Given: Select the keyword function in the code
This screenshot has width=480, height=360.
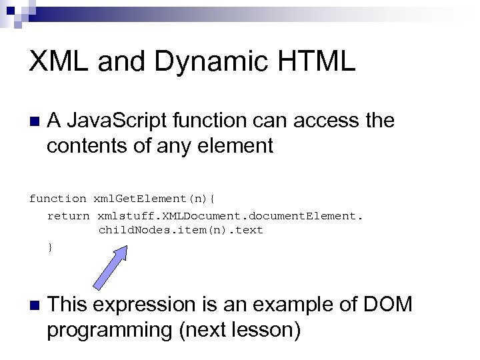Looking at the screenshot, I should [x=57, y=198].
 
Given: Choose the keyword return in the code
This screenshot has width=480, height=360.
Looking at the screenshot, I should [x=68, y=215].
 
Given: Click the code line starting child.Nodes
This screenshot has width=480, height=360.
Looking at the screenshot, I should [x=181, y=230].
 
